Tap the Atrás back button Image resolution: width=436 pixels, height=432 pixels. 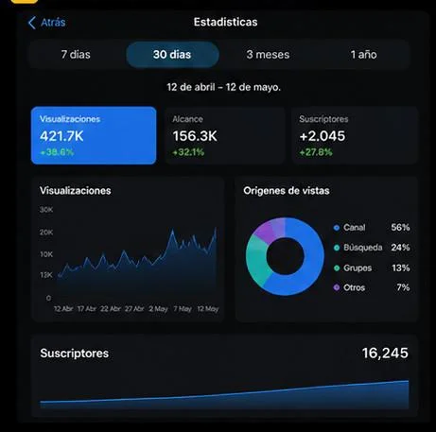tap(46, 23)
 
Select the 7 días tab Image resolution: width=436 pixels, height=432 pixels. tap(76, 55)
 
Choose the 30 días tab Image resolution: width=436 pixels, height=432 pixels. tap(172, 55)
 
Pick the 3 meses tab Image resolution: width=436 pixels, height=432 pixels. tap(268, 55)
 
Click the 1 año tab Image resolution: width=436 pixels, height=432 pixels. tap(363, 55)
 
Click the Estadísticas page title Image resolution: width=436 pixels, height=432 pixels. tap(225, 22)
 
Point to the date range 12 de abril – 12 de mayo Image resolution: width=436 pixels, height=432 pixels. tap(223, 87)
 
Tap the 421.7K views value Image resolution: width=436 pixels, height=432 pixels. tap(61, 136)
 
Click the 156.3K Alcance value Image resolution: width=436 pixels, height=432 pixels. tap(195, 136)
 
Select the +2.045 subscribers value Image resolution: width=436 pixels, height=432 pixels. tap(323, 136)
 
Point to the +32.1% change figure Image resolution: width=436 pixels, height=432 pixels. tap(188, 152)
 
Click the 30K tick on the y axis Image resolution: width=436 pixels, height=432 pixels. tap(46, 210)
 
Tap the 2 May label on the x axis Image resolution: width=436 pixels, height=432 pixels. tap(158, 309)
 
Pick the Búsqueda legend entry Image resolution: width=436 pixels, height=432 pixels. tap(358, 248)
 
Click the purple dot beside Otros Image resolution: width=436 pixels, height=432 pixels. tap(337, 287)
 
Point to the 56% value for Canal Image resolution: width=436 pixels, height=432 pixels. tap(400, 227)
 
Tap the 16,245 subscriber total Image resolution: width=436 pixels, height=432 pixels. tap(385, 354)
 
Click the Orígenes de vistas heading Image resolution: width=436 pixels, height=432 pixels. tap(287, 191)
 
